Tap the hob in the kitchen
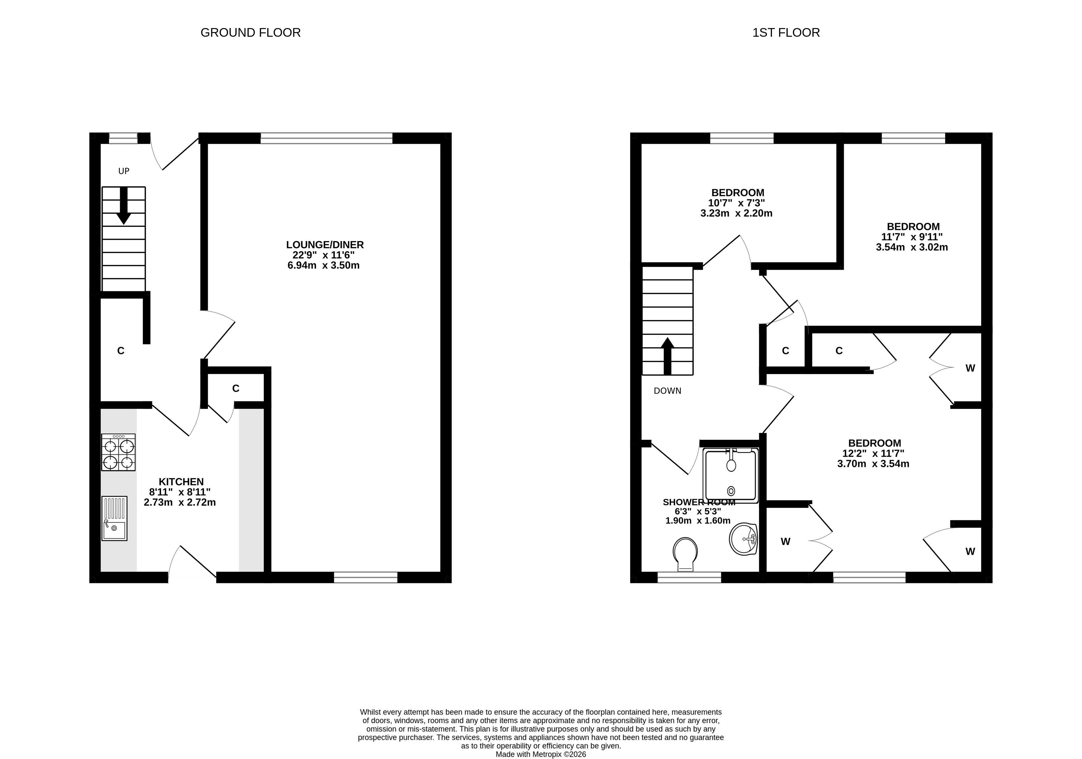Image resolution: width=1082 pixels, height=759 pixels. coord(118,452)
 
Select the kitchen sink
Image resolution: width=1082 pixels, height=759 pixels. coord(114,518)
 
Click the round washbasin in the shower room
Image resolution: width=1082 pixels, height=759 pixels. coord(743,539)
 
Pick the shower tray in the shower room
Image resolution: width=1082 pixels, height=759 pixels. coord(731,475)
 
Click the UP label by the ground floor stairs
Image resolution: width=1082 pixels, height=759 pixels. coord(123,171)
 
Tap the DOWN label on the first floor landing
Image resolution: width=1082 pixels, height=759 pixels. coord(667,391)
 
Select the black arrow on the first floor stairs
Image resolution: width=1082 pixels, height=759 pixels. coord(667,356)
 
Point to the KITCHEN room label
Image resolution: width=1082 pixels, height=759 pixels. coord(181,482)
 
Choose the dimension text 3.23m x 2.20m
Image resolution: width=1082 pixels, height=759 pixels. coord(736,213)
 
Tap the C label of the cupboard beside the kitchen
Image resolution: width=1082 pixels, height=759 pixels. coord(236,389)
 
